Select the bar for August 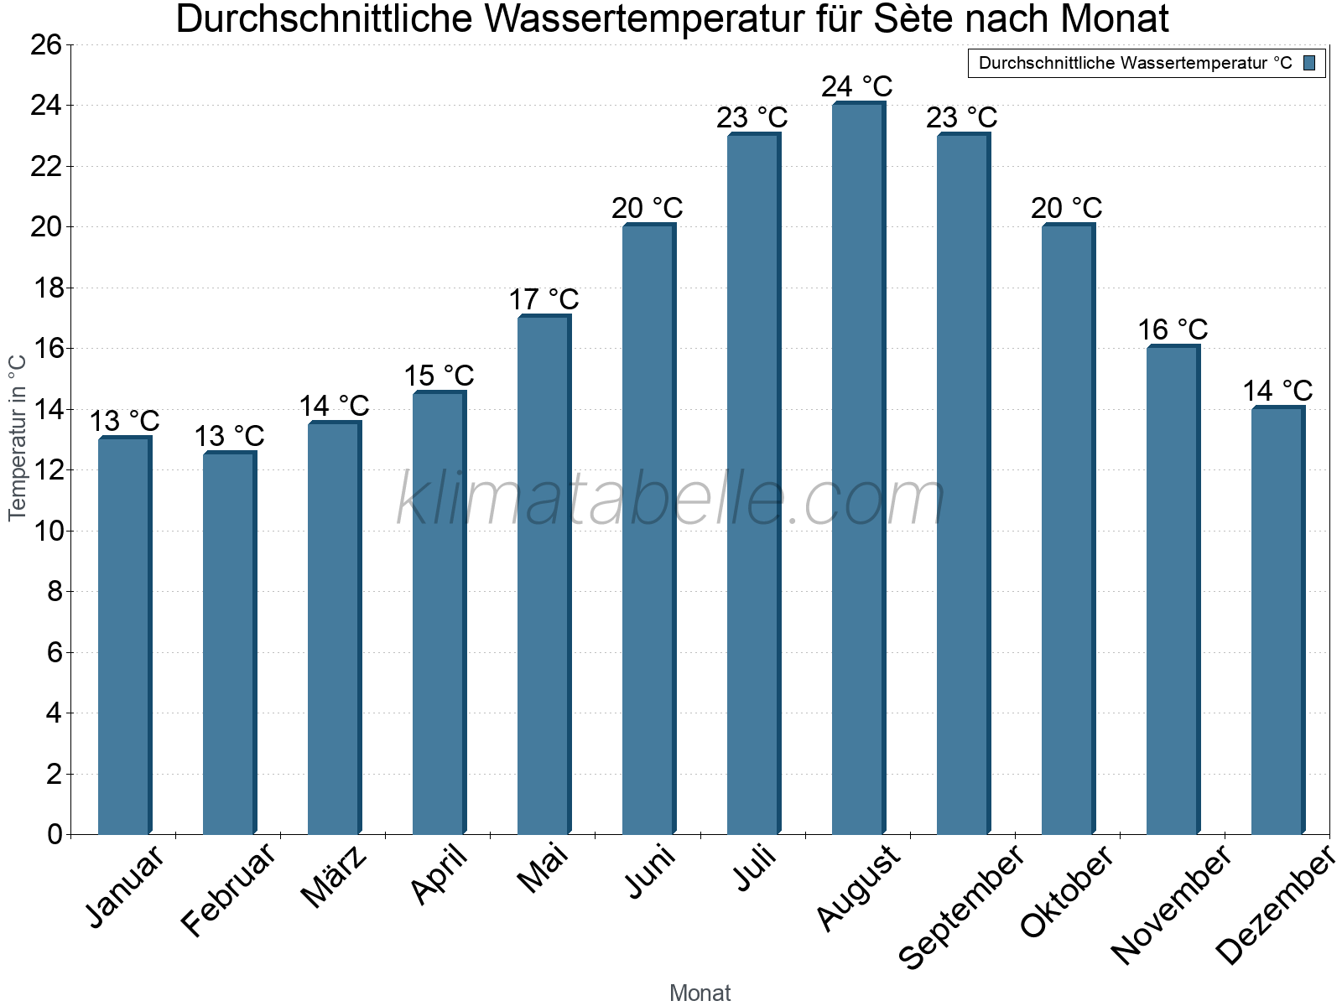[x=858, y=469]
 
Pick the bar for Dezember [x=1277, y=620]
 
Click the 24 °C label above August [x=856, y=86]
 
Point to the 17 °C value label [x=544, y=299]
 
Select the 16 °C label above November [x=1173, y=329]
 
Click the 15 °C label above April [x=439, y=376]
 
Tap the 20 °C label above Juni [x=647, y=208]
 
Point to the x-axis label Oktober [x=1067, y=892]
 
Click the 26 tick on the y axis [x=46, y=44]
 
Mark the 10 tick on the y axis [x=46, y=531]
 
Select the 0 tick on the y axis [x=55, y=834]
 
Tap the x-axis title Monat [x=700, y=993]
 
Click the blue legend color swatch [x=1309, y=63]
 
